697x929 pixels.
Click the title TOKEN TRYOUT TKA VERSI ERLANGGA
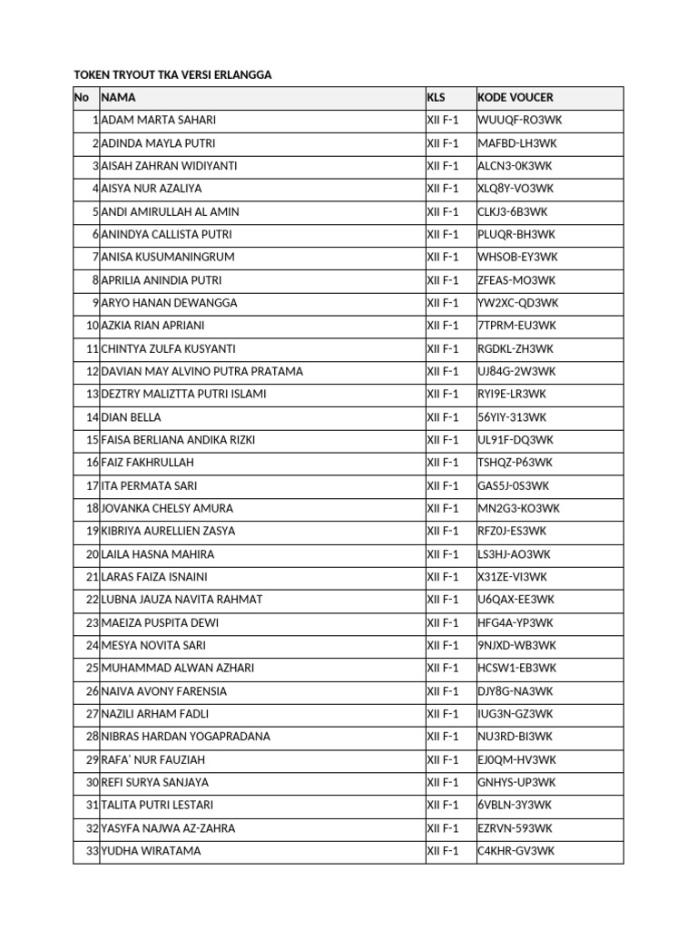pyautogui.click(x=172, y=75)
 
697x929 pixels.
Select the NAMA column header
pyautogui.click(x=119, y=97)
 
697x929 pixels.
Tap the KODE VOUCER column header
pyautogui.click(x=515, y=97)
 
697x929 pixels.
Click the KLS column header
pyautogui.click(x=437, y=97)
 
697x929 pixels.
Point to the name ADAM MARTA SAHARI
pyautogui.click(x=159, y=120)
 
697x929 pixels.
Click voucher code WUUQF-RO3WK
pyautogui.click(x=515, y=120)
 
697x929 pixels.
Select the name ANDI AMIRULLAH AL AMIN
pyautogui.click(x=171, y=211)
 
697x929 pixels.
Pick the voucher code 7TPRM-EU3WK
pyautogui.click(x=517, y=326)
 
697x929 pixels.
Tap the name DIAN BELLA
pyautogui.click(x=132, y=417)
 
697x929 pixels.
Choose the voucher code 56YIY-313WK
pyautogui.click(x=514, y=417)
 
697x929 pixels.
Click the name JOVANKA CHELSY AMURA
pyautogui.click(x=168, y=509)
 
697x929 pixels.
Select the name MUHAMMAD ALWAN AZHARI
pyautogui.click(x=178, y=668)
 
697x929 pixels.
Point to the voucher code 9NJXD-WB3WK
pyautogui.click(x=517, y=645)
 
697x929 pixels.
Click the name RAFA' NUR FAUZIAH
pyautogui.click(x=153, y=759)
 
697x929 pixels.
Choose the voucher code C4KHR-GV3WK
pyautogui.click(x=515, y=851)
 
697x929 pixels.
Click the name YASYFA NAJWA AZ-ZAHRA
pyautogui.click(x=169, y=828)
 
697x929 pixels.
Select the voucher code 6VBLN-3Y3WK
pyautogui.click(x=515, y=805)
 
